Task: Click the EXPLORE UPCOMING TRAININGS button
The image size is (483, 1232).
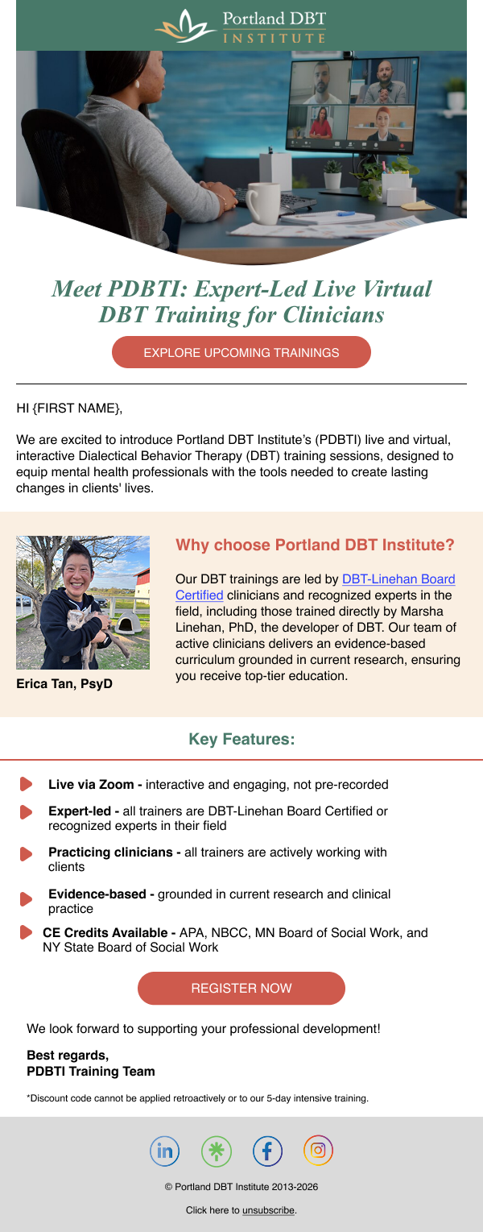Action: pyautogui.click(x=242, y=352)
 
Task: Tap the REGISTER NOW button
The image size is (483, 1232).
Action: pyautogui.click(x=242, y=988)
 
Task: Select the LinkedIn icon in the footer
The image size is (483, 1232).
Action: pyautogui.click(x=165, y=1151)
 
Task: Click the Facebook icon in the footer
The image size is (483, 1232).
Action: pyautogui.click(x=267, y=1151)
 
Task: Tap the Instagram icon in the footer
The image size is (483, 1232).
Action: pyautogui.click(x=318, y=1150)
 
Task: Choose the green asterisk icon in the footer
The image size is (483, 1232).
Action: pyautogui.click(x=217, y=1151)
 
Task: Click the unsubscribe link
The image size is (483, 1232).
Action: pyautogui.click(x=269, y=1210)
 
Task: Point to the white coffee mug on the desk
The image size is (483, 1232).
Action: pyautogui.click(x=262, y=202)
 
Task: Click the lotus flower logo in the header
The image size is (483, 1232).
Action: pyautogui.click(x=184, y=27)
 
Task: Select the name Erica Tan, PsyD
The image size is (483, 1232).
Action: pyautogui.click(x=64, y=683)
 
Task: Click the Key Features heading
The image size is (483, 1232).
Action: pyautogui.click(x=242, y=739)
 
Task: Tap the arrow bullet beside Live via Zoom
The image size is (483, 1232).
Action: pyautogui.click(x=26, y=784)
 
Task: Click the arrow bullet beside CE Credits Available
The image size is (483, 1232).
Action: pyautogui.click(x=26, y=932)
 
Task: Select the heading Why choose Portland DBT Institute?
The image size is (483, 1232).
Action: pyautogui.click(x=315, y=545)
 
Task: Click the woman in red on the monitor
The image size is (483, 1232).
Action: pyautogui.click(x=320, y=124)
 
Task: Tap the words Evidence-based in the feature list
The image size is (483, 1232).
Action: pyautogui.click(x=97, y=894)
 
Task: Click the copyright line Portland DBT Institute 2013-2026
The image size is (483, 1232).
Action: pyautogui.click(x=242, y=1186)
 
